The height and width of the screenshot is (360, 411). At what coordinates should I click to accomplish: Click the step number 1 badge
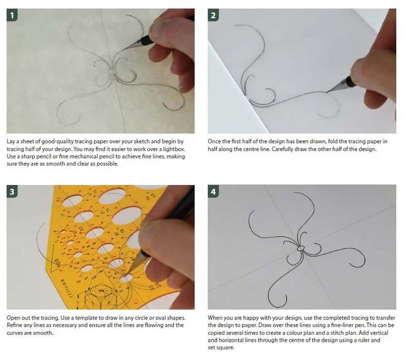12,15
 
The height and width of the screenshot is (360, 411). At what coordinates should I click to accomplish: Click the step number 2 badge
213,15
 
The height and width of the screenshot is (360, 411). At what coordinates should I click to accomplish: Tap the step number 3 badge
12,191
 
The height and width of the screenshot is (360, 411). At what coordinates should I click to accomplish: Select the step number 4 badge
213,191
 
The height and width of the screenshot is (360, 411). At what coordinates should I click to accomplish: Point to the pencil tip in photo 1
122,51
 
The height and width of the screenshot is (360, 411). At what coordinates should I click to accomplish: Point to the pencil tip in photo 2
326,92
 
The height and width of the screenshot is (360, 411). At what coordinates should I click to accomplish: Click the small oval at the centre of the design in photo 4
301,248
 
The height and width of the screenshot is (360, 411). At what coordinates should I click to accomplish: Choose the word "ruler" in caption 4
365,341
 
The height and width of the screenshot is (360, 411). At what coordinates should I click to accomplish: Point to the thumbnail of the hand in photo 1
158,28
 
